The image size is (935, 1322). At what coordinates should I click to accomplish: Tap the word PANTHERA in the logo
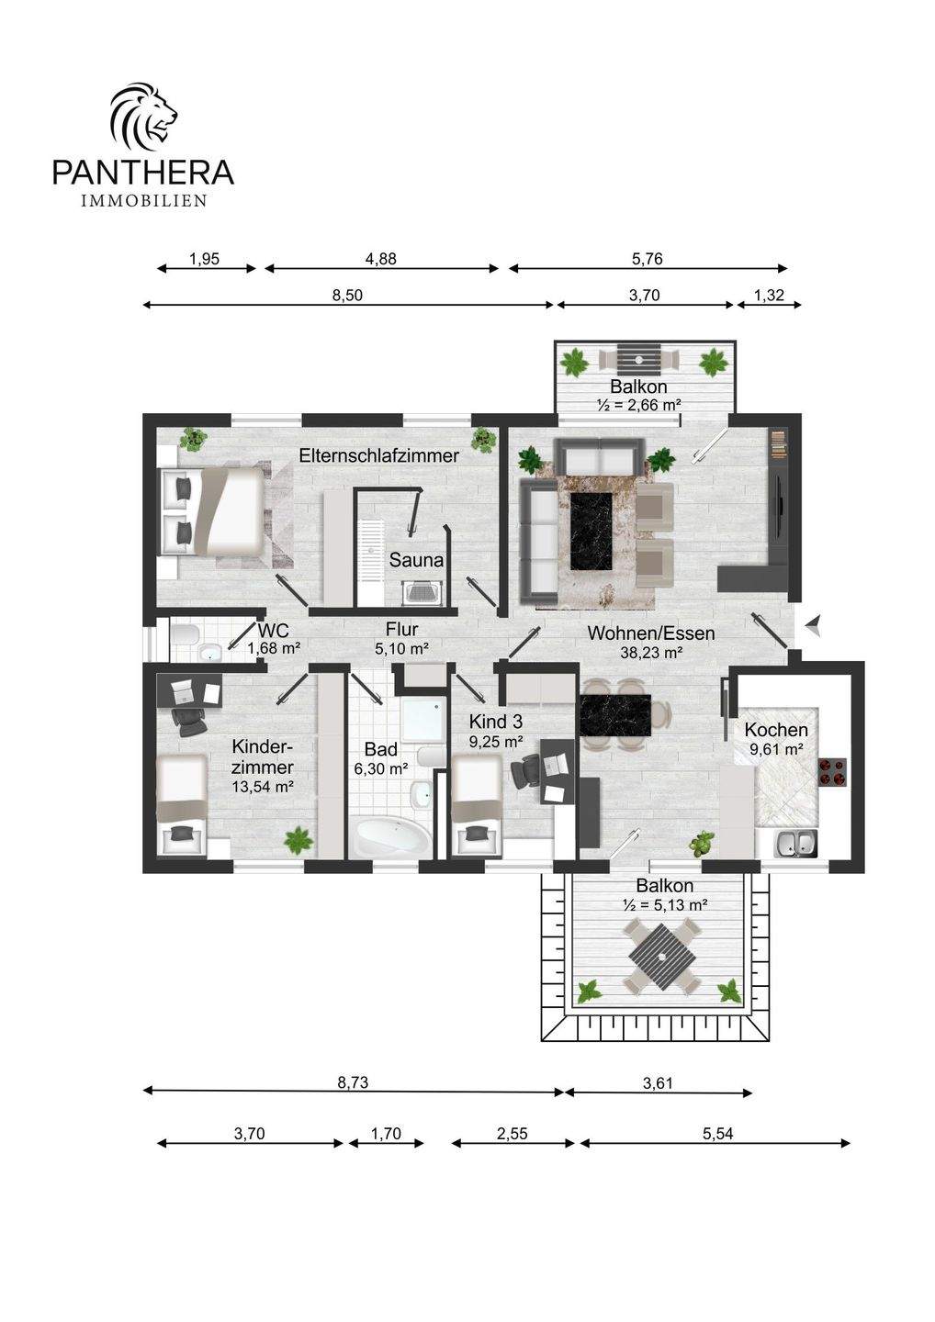point(143,172)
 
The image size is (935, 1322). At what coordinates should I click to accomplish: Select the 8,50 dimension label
point(347,295)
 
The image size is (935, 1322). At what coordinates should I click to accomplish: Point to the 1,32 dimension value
point(769,295)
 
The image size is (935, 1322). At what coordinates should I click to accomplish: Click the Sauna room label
point(416,559)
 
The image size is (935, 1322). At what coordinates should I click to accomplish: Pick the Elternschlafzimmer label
point(379,455)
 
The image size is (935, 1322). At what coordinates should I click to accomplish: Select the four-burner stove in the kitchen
point(832,772)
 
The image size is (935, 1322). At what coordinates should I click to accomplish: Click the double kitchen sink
point(795,844)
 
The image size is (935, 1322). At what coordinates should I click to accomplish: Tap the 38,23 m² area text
point(651,653)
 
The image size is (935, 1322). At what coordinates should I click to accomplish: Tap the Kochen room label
point(775,730)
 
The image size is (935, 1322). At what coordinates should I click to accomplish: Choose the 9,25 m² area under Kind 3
point(496,741)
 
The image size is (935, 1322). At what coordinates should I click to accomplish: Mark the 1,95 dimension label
point(205,259)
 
